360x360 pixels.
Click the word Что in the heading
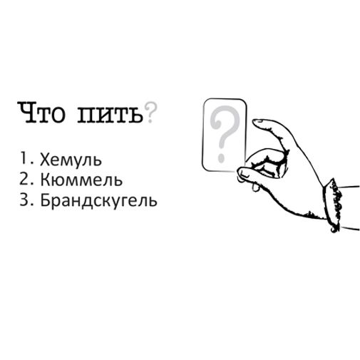43,113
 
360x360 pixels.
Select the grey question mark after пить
150,112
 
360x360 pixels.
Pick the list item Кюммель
81,180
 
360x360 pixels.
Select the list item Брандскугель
98,200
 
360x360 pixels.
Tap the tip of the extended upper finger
257,123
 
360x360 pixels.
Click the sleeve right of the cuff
349,203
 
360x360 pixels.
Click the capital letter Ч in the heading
26,113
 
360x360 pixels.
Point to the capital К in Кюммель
45,180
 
